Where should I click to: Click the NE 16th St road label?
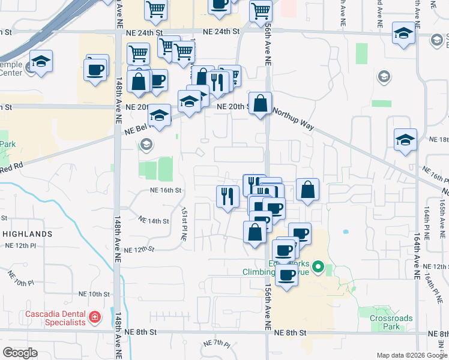tap(166, 190)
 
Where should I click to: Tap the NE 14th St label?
tap(153, 220)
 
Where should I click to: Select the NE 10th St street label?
tap(95, 294)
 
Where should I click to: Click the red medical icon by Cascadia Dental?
tap(94, 316)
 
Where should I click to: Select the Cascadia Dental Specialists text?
tap(55, 319)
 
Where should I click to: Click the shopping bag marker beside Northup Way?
tap(261, 103)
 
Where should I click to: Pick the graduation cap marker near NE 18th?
tap(405, 139)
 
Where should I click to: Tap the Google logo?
tap(20, 352)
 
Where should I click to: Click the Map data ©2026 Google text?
tap(411, 355)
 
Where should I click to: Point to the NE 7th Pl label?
tap(217, 344)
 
